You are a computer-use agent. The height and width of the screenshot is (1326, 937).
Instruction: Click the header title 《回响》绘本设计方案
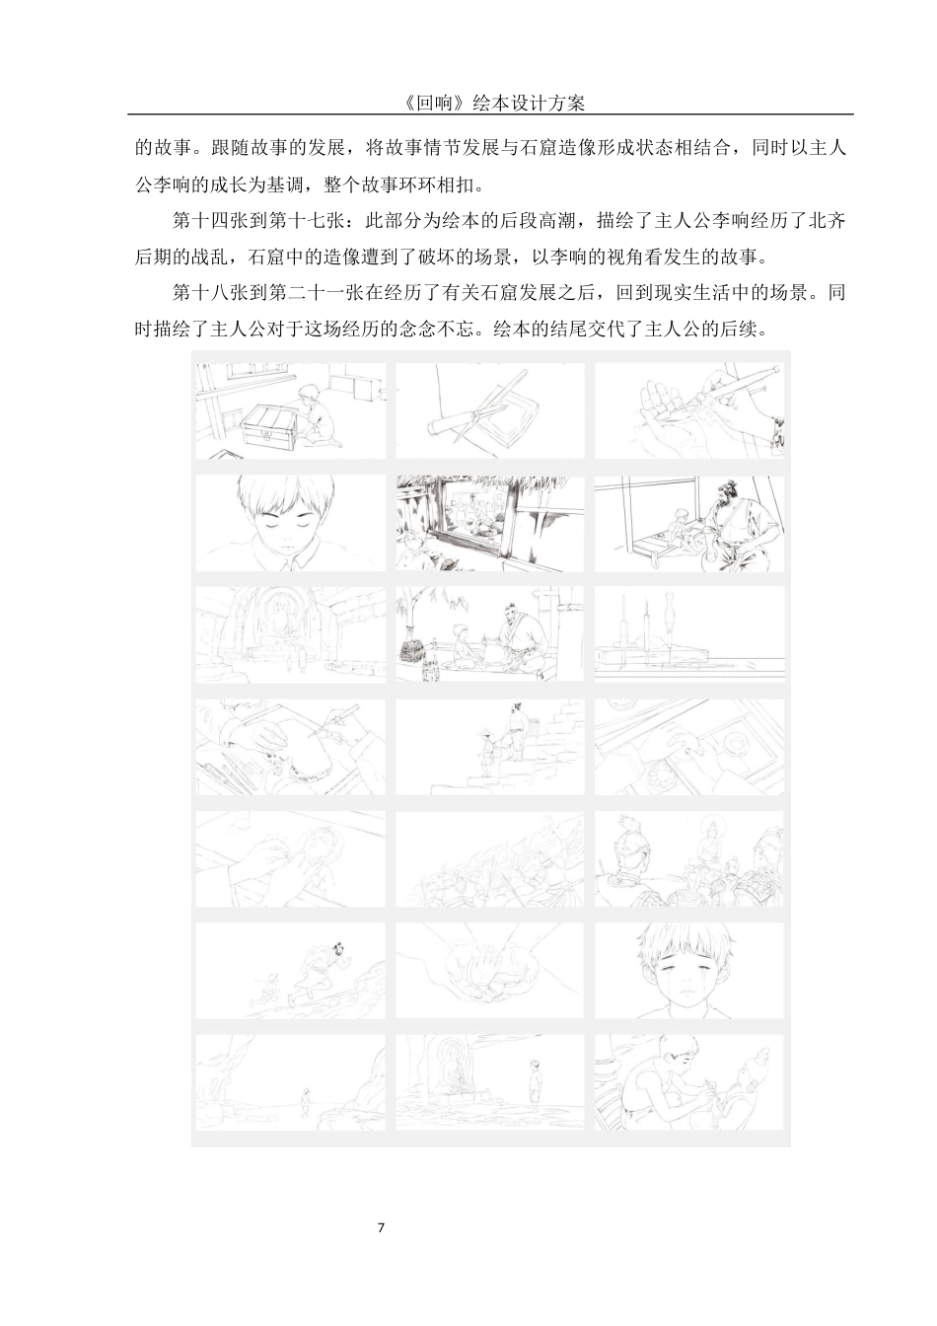489,103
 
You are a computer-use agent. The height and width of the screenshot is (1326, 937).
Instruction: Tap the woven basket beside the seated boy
418,651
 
